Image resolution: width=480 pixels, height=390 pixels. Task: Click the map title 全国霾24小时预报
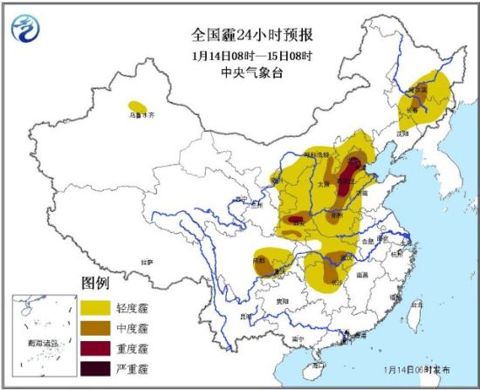pos(241,36)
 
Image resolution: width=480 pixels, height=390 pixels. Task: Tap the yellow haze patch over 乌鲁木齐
pos(138,108)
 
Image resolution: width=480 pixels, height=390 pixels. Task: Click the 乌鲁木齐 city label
pos(141,115)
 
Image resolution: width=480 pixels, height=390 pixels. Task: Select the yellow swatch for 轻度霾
pos(100,307)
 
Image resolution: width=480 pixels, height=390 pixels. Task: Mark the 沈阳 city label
pos(402,133)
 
